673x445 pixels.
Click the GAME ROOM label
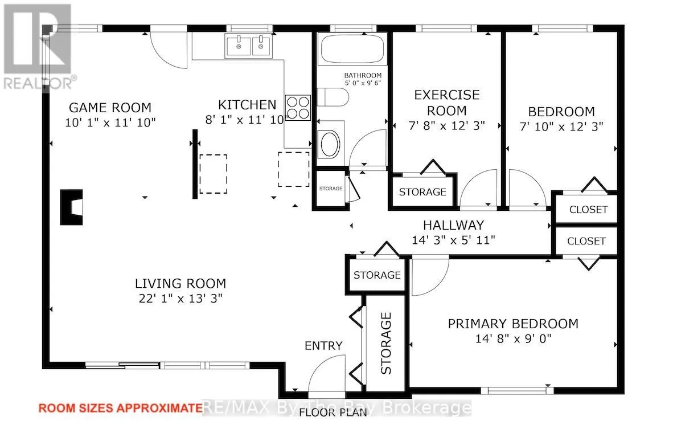(x=110, y=107)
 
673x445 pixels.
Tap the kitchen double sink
(x=248, y=46)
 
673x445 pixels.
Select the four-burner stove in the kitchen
(x=298, y=107)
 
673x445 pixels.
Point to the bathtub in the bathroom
(x=352, y=50)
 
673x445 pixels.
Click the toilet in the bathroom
(x=333, y=97)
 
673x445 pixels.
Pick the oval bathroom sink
(x=329, y=144)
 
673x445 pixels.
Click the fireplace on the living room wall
(x=71, y=207)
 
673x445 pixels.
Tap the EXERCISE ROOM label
(x=447, y=103)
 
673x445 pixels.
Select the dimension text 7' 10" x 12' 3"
(x=561, y=126)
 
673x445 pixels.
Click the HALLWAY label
(x=454, y=225)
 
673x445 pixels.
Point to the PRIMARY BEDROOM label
(x=513, y=324)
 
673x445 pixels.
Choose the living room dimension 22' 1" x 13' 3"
(x=180, y=298)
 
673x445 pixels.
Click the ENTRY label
(x=323, y=346)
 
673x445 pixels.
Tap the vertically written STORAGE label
(x=386, y=343)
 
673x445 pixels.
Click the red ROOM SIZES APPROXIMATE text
(x=120, y=408)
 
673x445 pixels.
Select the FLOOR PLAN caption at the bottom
(x=333, y=413)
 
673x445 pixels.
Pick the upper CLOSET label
(x=588, y=210)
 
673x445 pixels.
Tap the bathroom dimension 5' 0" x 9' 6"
(x=363, y=83)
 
